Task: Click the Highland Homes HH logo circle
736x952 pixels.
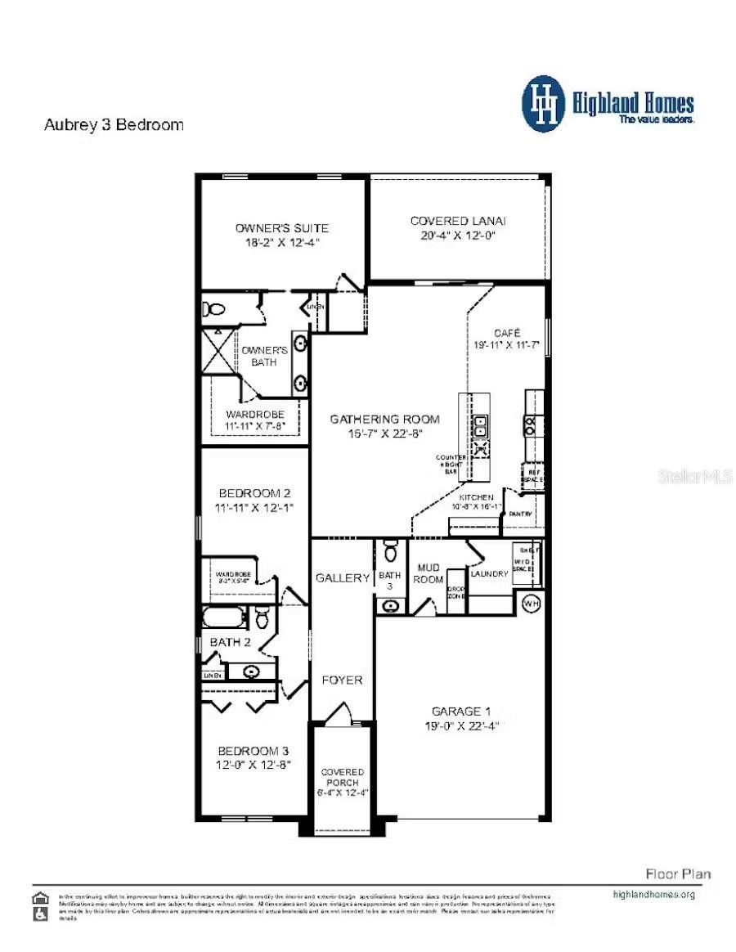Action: pyautogui.click(x=543, y=104)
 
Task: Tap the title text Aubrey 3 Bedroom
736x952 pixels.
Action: pyautogui.click(x=113, y=125)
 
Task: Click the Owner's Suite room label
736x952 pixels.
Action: pyautogui.click(x=281, y=227)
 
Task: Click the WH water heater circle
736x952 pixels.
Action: pyautogui.click(x=532, y=604)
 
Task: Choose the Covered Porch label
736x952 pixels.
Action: pyautogui.click(x=342, y=777)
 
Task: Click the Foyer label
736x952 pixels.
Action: pyautogui.click(x=342, y=680)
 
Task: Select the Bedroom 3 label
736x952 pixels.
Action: pyautogui.click(x=254, y=750)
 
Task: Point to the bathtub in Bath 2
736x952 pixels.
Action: pyautogui.click(x=222, y=617)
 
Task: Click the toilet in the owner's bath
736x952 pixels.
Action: pyautogui.click(x=215, y=309)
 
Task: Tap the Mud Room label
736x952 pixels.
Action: pyautogui.click(x=429, y=573)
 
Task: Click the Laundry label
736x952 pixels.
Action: pyautogui.click(x=489, y=573)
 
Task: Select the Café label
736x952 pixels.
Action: pyautogui.click(x=506, y=333)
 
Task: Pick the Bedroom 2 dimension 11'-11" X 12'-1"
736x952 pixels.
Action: pyautogui.click(x=254, y=508)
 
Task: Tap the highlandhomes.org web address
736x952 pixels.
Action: pyautogui.click(x=653, y=894)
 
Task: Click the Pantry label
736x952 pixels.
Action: pyautogui.click(x=521, y=514)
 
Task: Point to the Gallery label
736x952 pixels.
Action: pyautogui.click(x=343, y=577)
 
